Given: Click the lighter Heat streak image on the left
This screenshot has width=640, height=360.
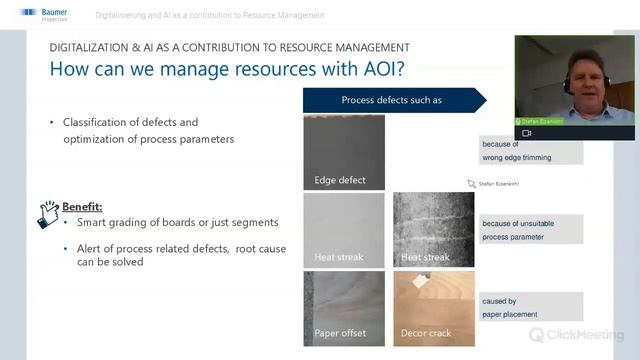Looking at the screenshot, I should [x=344, y=229].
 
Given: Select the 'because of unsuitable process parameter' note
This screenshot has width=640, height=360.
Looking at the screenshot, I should [x=530, y=229].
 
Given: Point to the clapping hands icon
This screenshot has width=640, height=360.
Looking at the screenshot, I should [x=48, y=213].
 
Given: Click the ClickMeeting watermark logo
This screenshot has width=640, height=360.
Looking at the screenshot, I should [x=577, y=335].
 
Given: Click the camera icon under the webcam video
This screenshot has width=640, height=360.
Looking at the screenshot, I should [x=527, y=132].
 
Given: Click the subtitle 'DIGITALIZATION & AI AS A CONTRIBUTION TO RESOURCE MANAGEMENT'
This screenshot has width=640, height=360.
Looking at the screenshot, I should [x=229, y=47].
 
